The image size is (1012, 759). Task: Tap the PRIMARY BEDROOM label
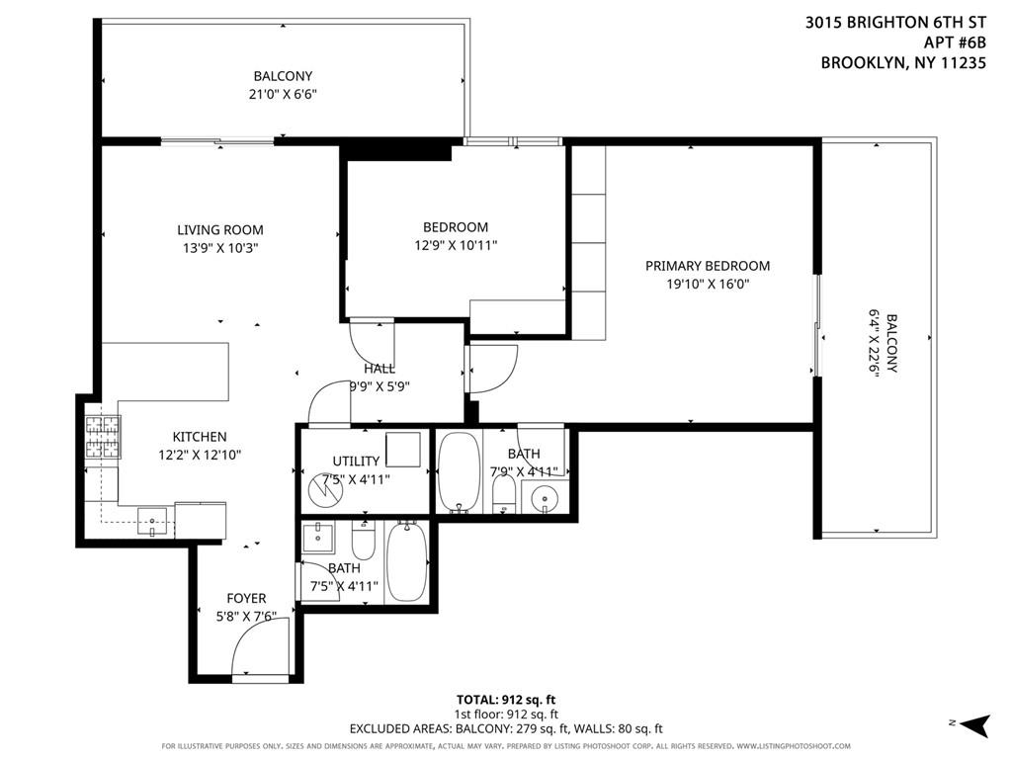click(x=707, y=266)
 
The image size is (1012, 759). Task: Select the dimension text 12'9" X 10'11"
click(x=456, y=245)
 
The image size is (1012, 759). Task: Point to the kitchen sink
click(x=151, y=517)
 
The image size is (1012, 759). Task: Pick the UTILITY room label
click(x=356, y=461)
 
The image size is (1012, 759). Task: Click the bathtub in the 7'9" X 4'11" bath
click(x=458, y=472)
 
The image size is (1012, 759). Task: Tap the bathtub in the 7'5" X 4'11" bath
click(x=404, y=562)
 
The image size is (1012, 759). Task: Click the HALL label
click(x=379, y=369)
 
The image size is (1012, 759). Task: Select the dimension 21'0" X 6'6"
click(x=283, y=94)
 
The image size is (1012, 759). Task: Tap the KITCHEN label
click(x=200, y=437)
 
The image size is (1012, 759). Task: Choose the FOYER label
click(x=246, y=598)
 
